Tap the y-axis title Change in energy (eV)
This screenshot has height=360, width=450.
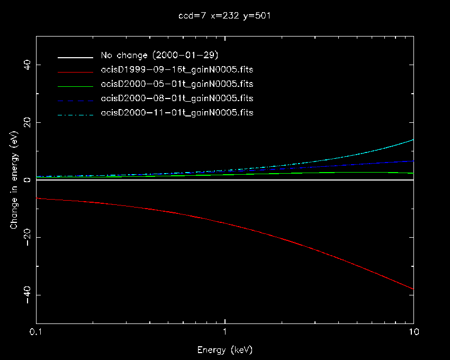(14, 180)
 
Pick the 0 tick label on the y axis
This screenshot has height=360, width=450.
(27, 180)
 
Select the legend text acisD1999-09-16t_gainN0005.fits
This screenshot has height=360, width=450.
(177, 70)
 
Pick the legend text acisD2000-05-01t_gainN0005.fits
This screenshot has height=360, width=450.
(177, 84)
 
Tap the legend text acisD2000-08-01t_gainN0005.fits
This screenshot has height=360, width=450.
(177, 98)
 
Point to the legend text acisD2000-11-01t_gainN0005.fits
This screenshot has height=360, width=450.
(177, 113)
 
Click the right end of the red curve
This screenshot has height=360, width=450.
(412, 289)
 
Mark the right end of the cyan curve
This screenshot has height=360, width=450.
(412, 140)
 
